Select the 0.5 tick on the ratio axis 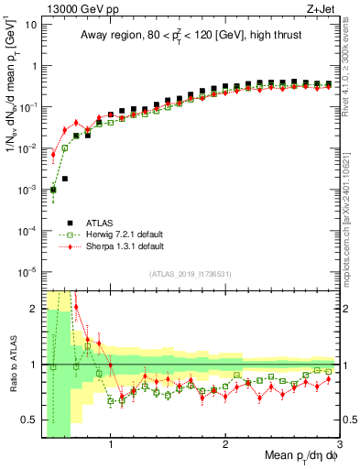pos(29,420)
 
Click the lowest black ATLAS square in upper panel pos(53,190)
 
